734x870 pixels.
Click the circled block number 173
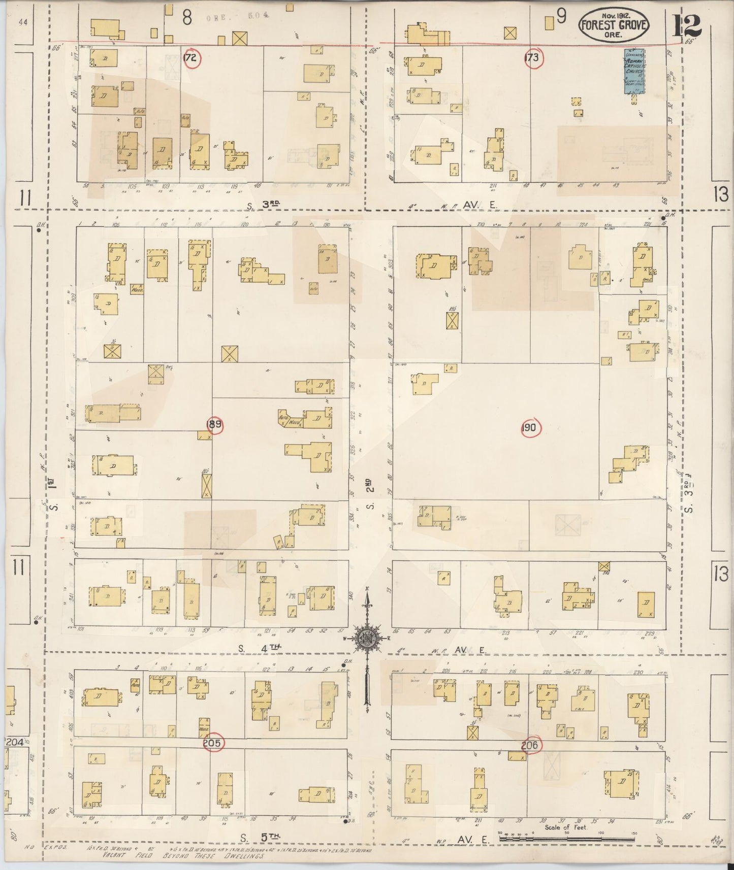531,58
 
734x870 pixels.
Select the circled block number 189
215,425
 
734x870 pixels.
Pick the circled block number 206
531,745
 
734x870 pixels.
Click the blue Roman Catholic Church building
634,72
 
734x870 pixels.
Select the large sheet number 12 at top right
687,25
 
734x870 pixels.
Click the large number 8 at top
187,19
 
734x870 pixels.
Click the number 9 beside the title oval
561,17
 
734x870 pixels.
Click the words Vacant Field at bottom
127,856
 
